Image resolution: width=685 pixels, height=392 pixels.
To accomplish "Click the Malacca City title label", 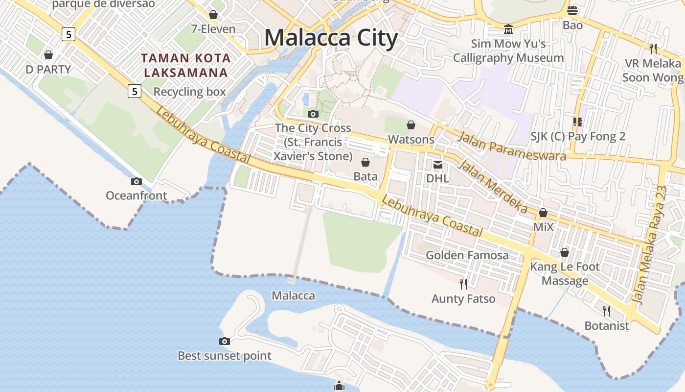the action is coord(331,38).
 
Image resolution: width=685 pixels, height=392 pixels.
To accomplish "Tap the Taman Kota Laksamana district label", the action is coord(186,65).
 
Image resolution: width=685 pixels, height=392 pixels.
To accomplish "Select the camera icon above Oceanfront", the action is coord(137,182).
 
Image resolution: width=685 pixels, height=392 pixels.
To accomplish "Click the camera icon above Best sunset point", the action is coord(225,342).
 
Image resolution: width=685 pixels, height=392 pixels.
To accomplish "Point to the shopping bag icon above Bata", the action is coord(365,162).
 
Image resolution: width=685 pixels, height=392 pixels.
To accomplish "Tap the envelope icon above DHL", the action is coord(437,165).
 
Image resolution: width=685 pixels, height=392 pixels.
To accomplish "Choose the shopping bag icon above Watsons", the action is coord(411,125).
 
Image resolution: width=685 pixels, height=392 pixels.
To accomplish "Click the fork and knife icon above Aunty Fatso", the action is coord(463,284).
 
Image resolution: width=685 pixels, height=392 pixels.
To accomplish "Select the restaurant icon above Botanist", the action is coord(607,311).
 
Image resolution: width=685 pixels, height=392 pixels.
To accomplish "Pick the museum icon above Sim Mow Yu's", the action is coord(508,29).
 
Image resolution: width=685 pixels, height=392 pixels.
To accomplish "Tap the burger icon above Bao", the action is coord(572,10).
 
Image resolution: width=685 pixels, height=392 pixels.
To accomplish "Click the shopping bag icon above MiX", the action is coord(543,213).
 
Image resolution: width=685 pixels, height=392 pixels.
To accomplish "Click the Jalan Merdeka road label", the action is coord(492,187).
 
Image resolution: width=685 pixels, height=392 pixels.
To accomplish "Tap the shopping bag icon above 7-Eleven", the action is coord(213,15).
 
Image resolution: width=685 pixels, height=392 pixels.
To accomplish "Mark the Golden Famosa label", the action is coord(467,255).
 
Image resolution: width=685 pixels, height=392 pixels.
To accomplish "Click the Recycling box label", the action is coord(190,92).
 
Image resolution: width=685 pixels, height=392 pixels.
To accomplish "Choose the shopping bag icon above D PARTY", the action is coord(48,55).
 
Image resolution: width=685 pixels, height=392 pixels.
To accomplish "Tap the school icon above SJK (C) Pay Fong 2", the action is coord(578,122).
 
